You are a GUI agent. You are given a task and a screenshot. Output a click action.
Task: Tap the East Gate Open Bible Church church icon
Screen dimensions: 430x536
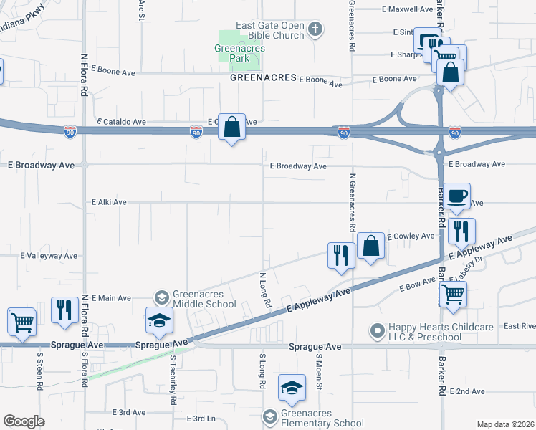point(314,29)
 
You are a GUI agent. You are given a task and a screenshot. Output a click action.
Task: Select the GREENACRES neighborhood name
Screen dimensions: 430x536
point(262,77)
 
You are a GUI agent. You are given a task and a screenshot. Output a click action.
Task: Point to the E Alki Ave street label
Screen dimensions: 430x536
point(109,203)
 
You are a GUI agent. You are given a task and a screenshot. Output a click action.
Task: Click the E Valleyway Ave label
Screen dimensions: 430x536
point(49,256)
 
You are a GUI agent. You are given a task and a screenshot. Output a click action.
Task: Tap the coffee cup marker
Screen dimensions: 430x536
point(456,195)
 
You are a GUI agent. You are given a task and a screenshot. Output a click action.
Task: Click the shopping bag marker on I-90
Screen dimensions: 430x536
point(231,128)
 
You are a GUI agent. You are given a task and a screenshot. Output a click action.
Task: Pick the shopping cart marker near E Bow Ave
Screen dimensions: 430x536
point(453,294)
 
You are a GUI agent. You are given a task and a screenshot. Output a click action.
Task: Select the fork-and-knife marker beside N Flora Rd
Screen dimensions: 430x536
point(64,310)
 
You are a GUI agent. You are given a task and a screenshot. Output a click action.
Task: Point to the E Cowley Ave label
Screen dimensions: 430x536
point(411,236)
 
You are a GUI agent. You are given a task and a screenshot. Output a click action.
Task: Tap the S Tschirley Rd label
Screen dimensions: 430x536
point(173,380)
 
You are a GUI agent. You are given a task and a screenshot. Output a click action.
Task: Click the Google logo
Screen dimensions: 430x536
point(24,421)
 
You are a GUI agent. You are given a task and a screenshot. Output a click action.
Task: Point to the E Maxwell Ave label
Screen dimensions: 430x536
point(407,10)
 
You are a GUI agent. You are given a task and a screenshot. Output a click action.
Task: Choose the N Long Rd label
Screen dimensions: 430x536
point(264,290)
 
